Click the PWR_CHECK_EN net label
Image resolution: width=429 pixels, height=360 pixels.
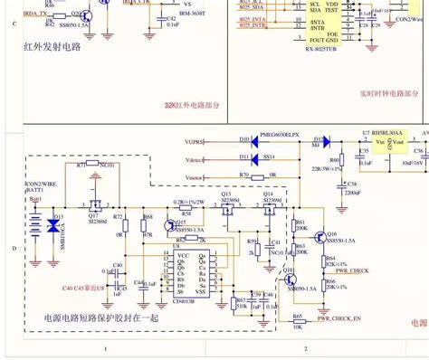click(x=339, y=318)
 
